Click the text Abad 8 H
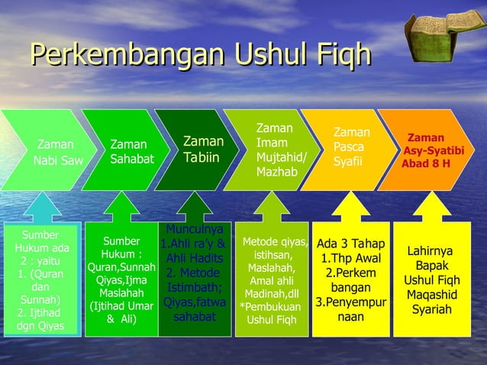pyautogui.click(x=426, y=163)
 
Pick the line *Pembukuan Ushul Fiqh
pyautogui.click(x=273, y=314)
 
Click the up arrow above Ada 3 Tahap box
pyautogui.click(x=350, y=205)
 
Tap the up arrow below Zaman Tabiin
pyautogui.click(x=194, y=205)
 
